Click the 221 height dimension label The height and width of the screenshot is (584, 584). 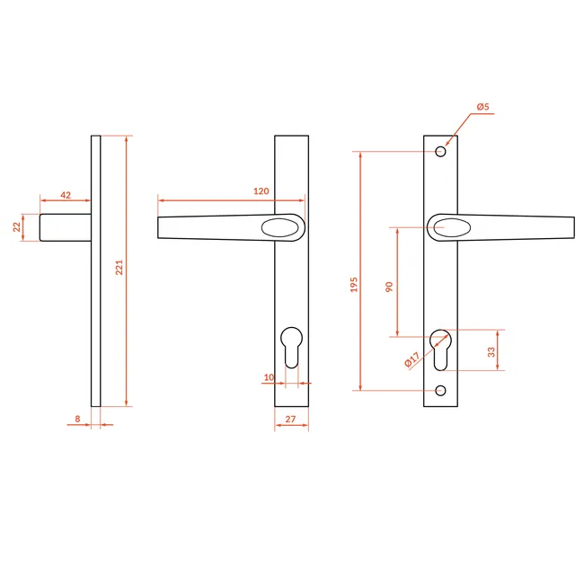[x=119, y=268]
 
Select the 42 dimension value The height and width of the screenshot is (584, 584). [x=66, y=195]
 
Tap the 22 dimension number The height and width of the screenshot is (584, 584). [x=17, y=226]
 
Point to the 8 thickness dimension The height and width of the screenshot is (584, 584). [x=77, y=419]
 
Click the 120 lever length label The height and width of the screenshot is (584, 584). [x=261, y=191]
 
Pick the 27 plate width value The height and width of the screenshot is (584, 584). [x=290, y=419]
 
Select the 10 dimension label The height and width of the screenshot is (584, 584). [x=269, y=377]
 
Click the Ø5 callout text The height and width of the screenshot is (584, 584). [x=483, y=107]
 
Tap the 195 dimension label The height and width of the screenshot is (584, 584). [x=354, y=285]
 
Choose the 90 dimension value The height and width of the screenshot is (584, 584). [x=389, y=287]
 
